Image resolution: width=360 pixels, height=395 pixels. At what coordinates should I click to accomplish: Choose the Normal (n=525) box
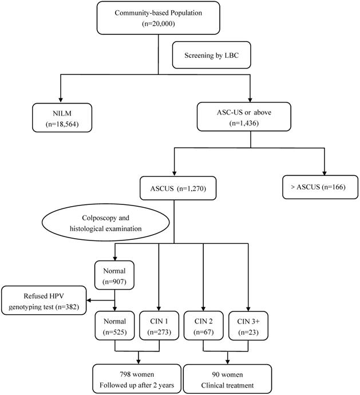(x=116, y=324)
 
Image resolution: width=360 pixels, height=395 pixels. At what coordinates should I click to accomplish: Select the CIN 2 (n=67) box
(x=203, y=324)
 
